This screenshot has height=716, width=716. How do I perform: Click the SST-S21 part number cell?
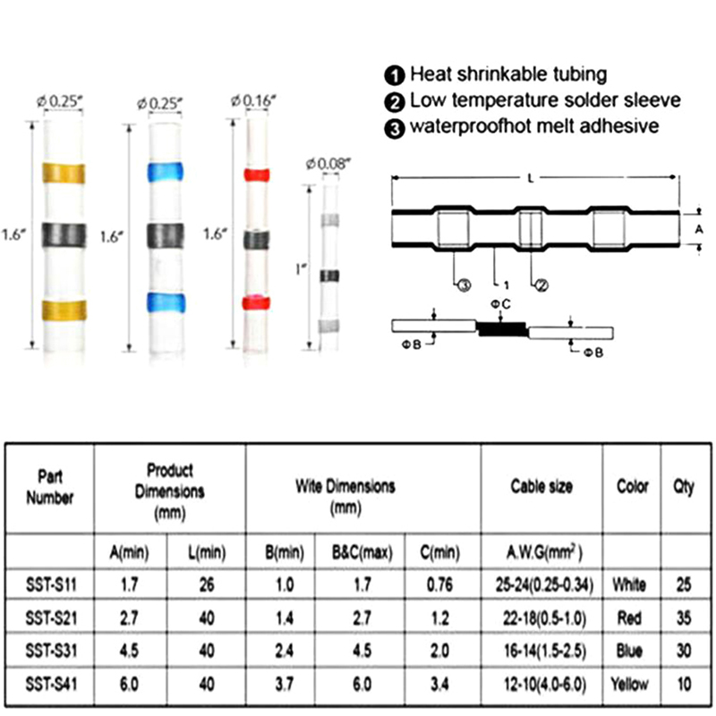[50, 618]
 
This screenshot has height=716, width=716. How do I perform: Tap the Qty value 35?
[684, 618]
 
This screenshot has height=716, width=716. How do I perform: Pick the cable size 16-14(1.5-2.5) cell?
[541, 651]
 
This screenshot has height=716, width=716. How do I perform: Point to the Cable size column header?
[541, 487]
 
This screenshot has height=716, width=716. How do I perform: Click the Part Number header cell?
[50, 487]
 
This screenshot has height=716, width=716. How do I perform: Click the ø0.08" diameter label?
[328, 162]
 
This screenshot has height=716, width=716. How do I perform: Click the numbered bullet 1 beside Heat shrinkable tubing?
[395, 74]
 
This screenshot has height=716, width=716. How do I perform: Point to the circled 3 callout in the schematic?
[464, 286]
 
